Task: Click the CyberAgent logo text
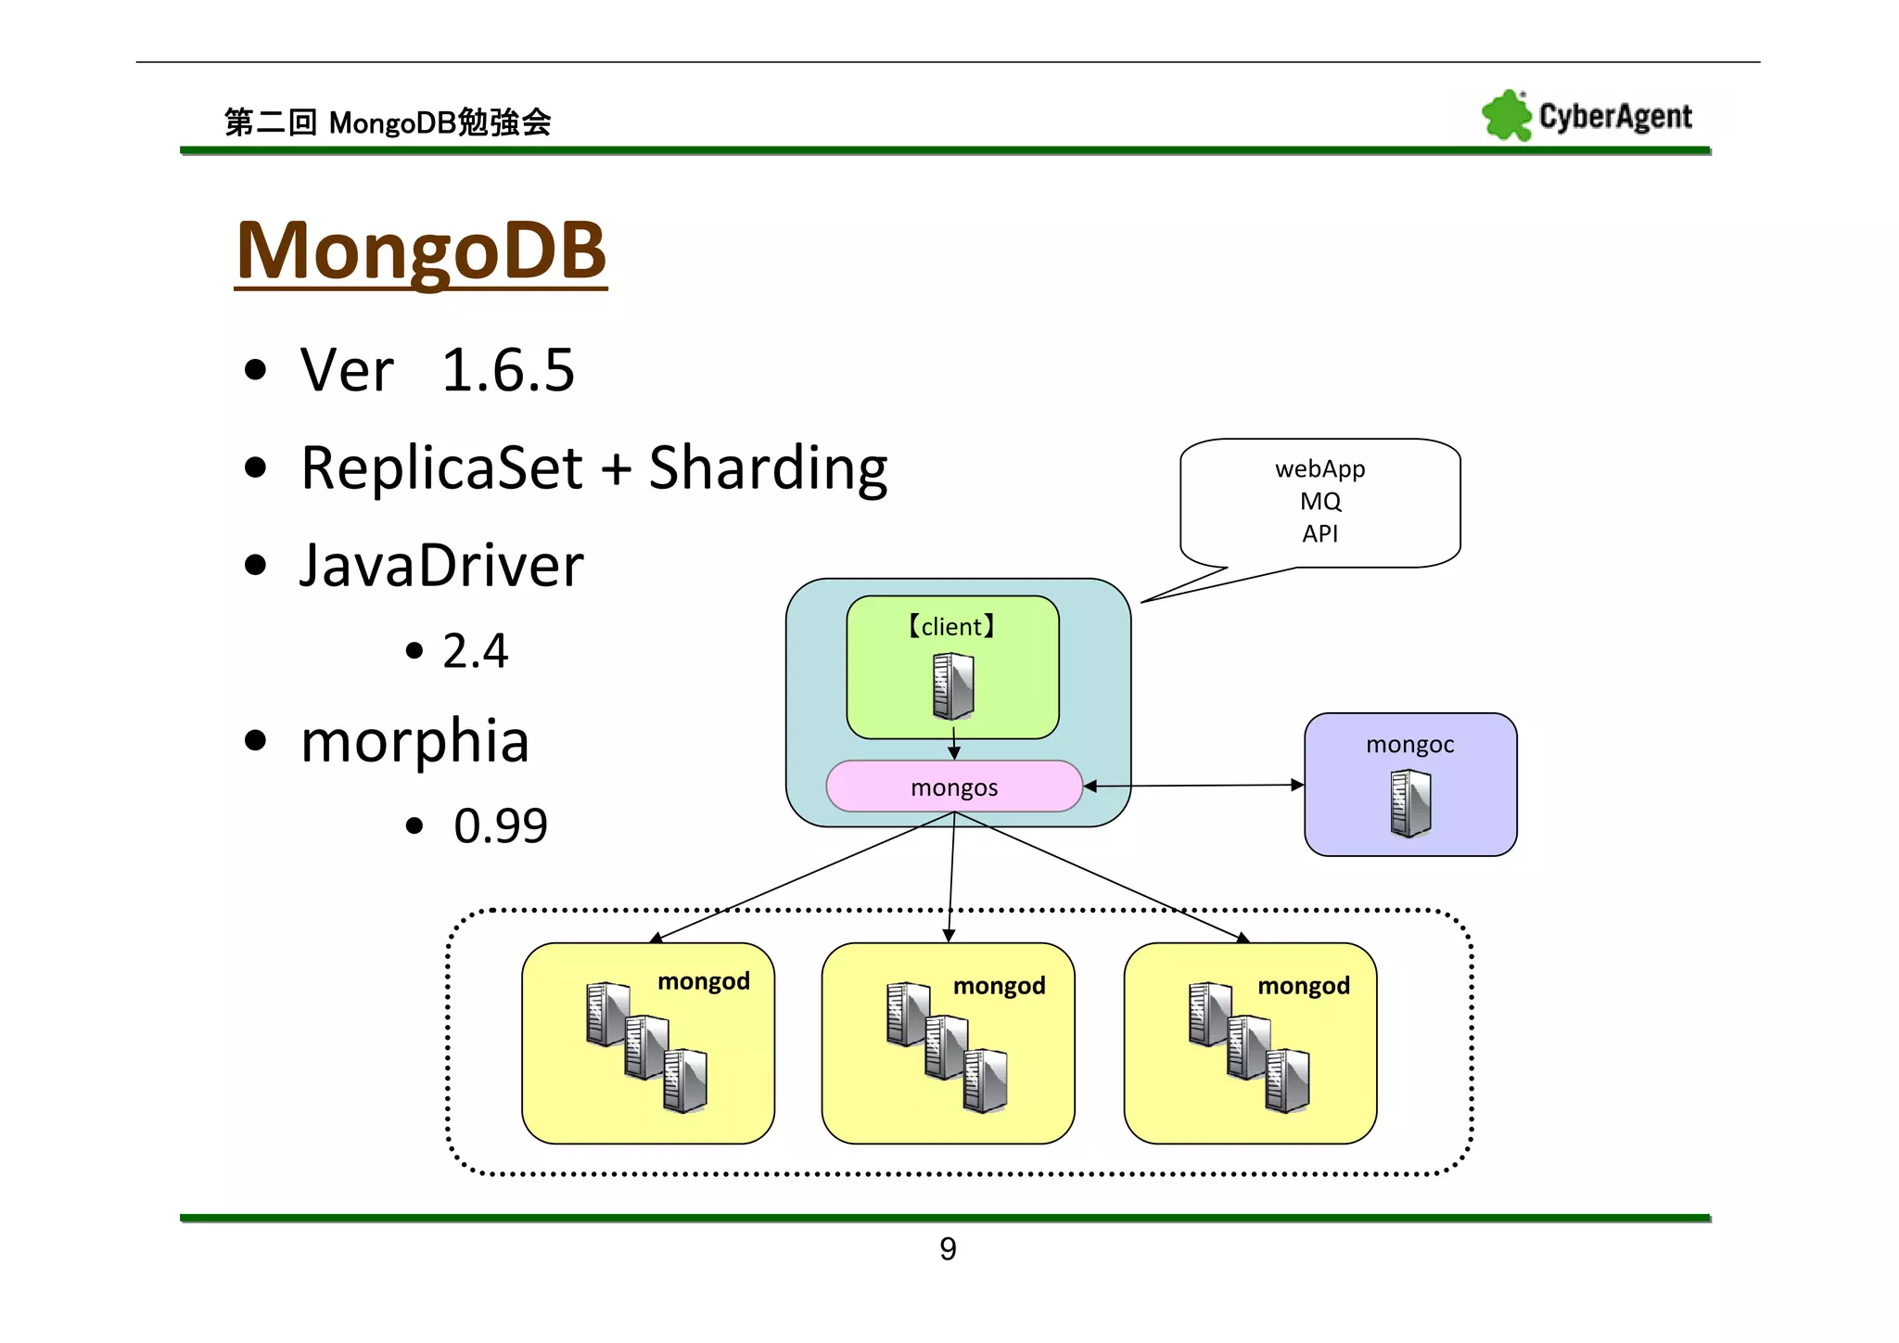pos(1614,117)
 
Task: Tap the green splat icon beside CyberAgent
pos(1505,116)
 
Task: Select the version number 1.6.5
pos(507,370)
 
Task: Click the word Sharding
pos(767,467)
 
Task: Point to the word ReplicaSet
pos(441,467)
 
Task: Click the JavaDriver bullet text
pos(441,565)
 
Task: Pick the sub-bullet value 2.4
pos(475,650)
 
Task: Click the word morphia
pos(414,740)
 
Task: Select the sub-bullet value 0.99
pos(501,825)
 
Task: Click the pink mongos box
pos(953,787)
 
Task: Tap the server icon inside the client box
pos(952,686)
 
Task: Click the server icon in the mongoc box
pos(1410,803)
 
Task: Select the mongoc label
pos(1409,744)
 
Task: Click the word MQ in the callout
pos(1319,501)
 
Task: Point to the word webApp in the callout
pos(1319,468)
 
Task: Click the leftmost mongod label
pos(703,980)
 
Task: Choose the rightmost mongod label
pos(1303,985)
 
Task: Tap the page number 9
pos(948,1248)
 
